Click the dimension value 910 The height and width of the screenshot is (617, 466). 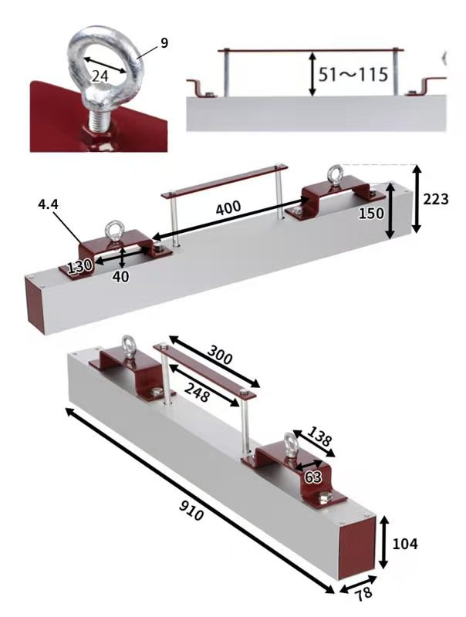click(191, 510)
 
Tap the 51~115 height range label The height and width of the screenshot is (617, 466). click(353, 74)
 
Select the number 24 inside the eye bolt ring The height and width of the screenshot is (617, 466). click(100, 75)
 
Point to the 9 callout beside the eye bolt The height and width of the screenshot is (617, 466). click(164, 42)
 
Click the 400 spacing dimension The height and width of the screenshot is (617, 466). click(228, 207)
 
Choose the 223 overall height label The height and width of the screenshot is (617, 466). click(436, 200)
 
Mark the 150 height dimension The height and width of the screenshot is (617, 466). click(371, 214)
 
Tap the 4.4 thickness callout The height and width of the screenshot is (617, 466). click(48, 204)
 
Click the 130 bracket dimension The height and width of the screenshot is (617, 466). click(80, 267)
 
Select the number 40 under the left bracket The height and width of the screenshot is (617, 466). click(120, 277)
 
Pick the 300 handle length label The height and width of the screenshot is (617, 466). click(220, 355)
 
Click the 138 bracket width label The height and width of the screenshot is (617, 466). click(319, 436)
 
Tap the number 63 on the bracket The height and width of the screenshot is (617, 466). click(313, 477)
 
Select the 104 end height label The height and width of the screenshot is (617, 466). click(405, 544)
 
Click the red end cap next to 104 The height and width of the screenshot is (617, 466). click(356, 548)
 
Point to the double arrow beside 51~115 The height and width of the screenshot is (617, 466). click(312, 74)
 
